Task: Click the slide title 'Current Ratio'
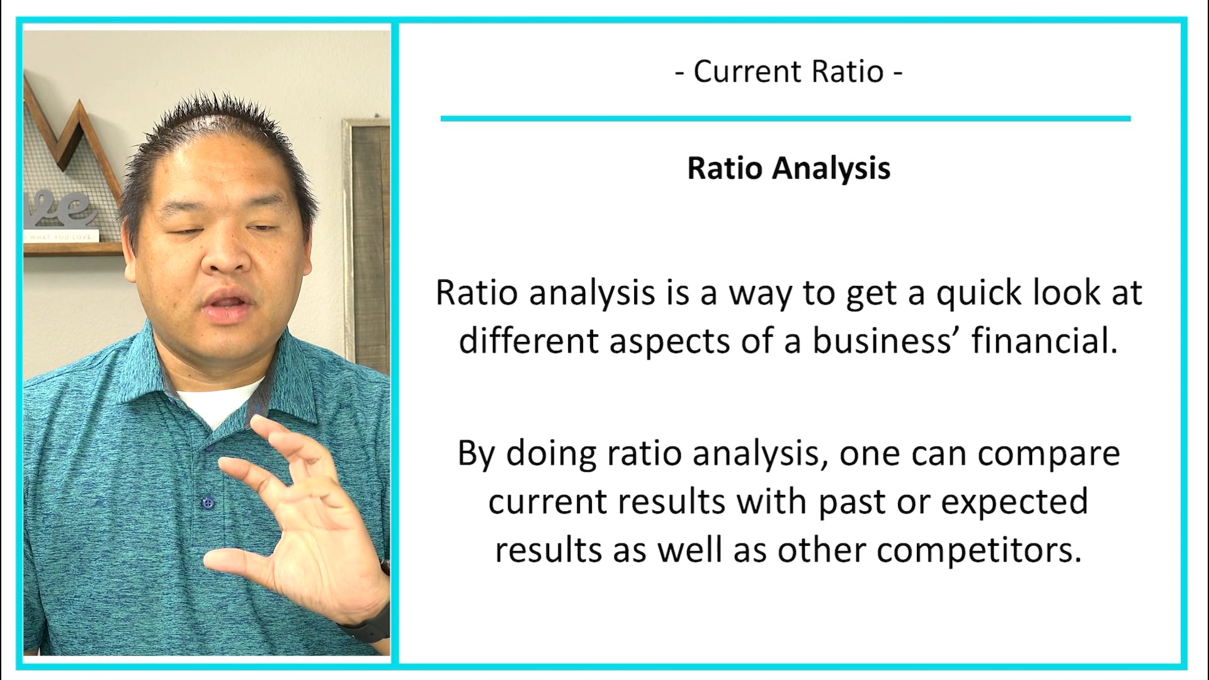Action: click(788, 72)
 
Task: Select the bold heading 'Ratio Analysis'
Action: click(788, 169)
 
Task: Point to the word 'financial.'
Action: click(1045, 341)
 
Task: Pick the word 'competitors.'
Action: click(979, 550)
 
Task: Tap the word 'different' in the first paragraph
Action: click(528, 341)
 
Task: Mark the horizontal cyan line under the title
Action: click(785, 118)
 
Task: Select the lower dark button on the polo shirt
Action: click(207, 502)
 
